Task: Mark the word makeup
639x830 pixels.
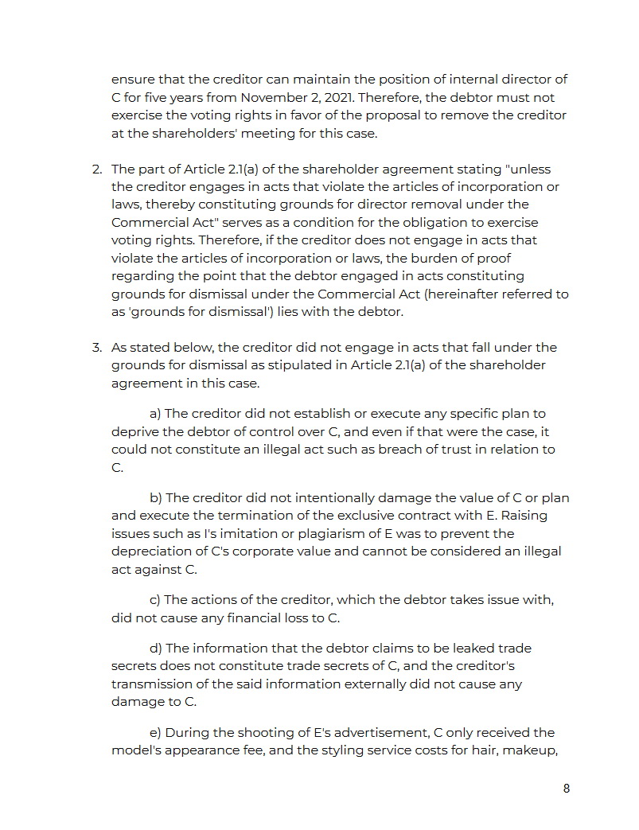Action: pyautogui.click(x=529, y=750)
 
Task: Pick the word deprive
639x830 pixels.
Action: pyautogui.click(x=134, y=432)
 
